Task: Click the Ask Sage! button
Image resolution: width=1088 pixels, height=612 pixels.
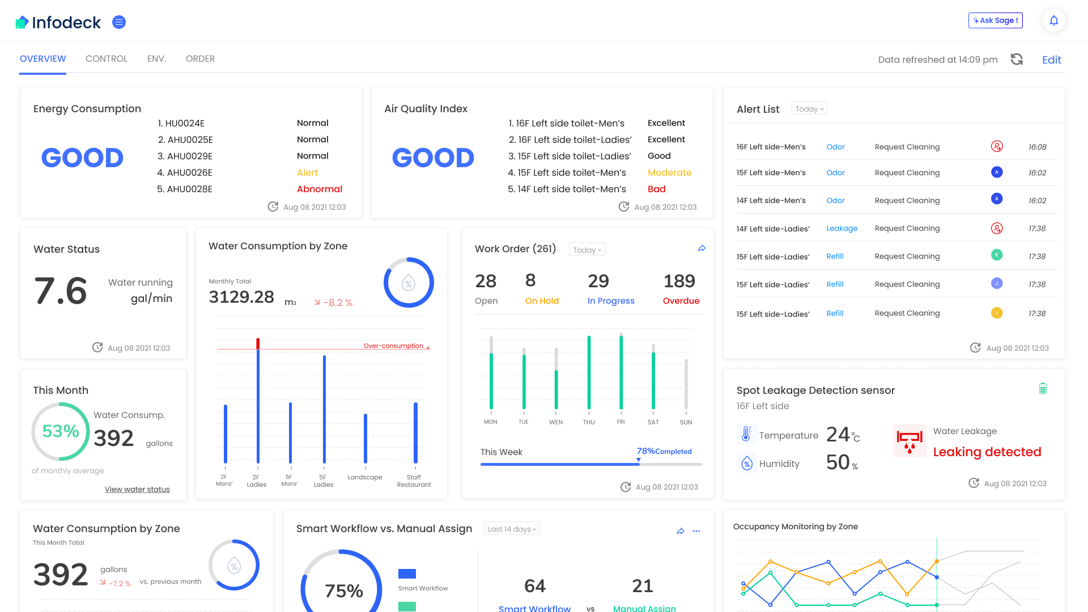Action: click(x=995, y=20)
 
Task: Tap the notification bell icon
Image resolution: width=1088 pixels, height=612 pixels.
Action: click(x=1053, y=21)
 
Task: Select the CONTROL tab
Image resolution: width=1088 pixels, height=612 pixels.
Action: click(x=107, y=59)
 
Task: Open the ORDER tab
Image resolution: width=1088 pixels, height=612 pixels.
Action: click(x=200, y=59)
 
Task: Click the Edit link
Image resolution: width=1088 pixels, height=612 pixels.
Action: click(x=1051, y=60)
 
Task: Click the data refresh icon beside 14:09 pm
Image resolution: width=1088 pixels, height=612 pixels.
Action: click(x=1017, y=59)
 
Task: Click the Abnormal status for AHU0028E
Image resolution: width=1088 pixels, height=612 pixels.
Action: click(x=319, y=189)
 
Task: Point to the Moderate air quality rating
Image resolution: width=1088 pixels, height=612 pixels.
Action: click(x=669, y=173)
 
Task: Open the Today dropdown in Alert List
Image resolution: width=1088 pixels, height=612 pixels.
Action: click(x=809, y=109)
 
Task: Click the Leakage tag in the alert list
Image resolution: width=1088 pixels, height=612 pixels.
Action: click(x=841, y=228)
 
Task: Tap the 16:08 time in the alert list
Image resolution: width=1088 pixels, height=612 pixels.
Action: click(x=1037, y=147)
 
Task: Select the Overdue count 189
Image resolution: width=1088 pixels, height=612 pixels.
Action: click(x=679, y=281)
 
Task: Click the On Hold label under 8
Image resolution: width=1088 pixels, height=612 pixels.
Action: click(x=542, y=301)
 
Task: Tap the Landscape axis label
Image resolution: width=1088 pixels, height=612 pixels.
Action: click(x=365, y=478)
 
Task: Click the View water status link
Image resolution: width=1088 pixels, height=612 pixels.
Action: click(x=137, y=490)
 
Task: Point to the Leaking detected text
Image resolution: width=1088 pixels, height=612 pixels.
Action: click(x=987, y=452)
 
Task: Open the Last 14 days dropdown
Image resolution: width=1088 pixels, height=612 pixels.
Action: click(x=512, y=529)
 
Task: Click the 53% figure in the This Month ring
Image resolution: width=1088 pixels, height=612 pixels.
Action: click(x=61, y=431)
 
